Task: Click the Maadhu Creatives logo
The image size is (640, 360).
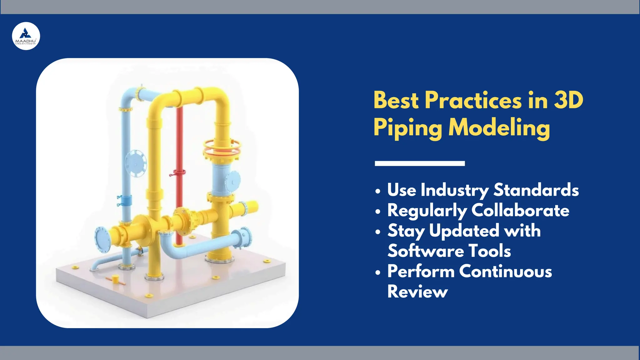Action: coord(26,36)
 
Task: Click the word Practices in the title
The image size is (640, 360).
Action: coord(473,101)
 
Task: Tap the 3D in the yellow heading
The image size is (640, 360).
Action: coord(569,101)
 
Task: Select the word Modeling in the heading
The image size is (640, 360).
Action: coord(499,127)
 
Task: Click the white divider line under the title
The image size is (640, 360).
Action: coord(420,163)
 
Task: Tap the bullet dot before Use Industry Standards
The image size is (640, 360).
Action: coord(378,191)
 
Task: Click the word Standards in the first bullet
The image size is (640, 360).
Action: coord(536,190)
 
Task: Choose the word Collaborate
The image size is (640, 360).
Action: coord(520,210)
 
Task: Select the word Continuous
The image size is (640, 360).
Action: coord(505,271)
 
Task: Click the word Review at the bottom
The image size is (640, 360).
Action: coord(417,292)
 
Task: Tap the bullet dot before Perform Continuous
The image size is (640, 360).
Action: coord(378,272)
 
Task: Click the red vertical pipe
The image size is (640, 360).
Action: coord(179,141)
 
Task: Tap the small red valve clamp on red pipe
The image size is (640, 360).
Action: coord(177,172)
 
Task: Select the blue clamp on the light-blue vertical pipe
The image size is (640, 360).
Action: coord(126,200)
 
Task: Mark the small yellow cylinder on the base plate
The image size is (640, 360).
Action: coord(115,278)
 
